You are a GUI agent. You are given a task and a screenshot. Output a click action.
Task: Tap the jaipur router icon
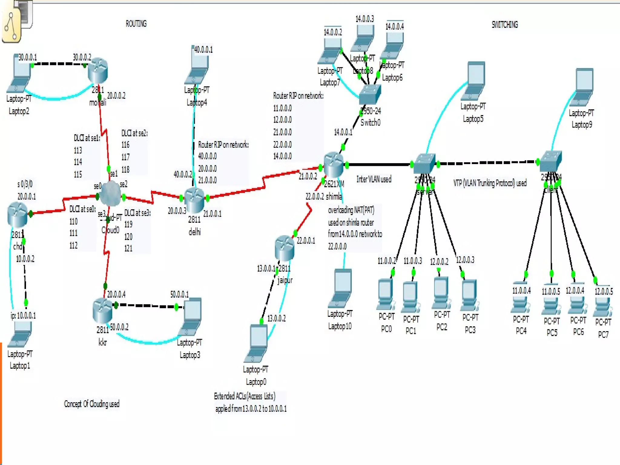click(285, 248)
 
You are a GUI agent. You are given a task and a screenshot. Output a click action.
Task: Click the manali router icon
click(98, 71)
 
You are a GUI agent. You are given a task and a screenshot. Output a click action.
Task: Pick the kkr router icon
click(102, 310)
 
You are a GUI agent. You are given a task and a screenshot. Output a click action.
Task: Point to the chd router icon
click(18, 214)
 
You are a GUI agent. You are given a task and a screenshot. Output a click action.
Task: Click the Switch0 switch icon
click(370, 94)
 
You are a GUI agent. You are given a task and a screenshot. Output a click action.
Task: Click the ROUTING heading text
click(136, 24)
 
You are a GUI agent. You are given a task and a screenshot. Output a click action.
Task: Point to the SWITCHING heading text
click(505, 25)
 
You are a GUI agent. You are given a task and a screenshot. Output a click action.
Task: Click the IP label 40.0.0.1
click(203, 49)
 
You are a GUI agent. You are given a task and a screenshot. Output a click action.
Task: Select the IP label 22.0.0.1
click(306, 241)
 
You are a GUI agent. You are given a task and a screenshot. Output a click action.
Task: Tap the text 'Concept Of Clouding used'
click(91, 404)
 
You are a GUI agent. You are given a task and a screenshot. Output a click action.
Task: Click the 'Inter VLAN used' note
click(374, 179)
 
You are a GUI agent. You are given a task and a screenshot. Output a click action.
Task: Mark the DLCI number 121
click(128, 248)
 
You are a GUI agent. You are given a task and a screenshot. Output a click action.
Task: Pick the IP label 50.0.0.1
click(179, 294)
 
